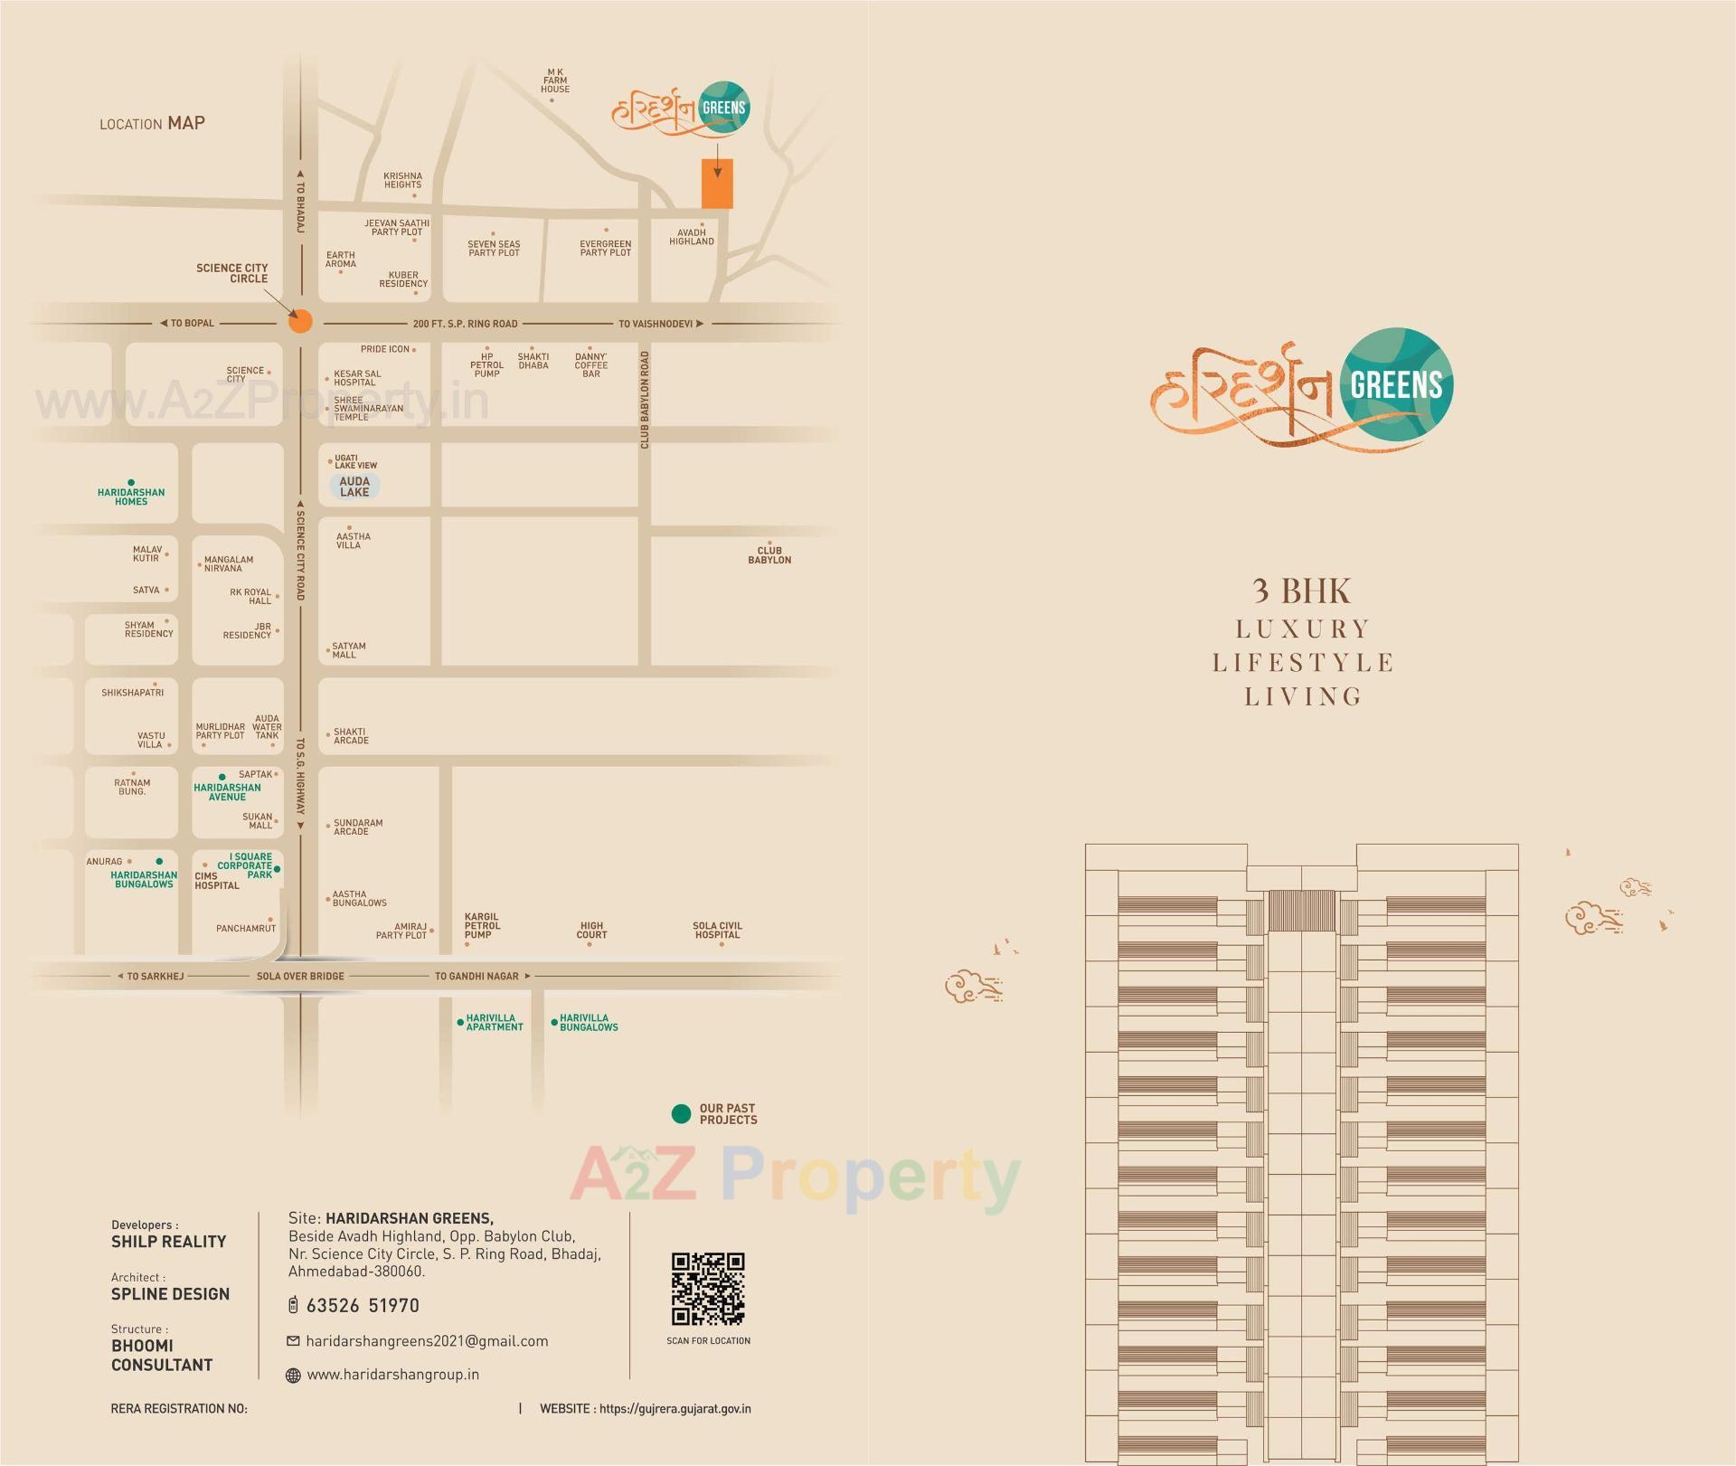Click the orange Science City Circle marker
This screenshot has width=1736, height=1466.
pyautogui.click(x=300, y=321)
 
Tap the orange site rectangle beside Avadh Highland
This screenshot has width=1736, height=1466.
pyautogui.click(x=717, y=184)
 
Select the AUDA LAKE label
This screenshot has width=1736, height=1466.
pyautogui.click(x=354, y=487)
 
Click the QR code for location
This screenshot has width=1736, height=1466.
pyautogui.click(x=708, y=1289)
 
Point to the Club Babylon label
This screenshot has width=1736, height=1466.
pyautogui.click(x=769, y=555)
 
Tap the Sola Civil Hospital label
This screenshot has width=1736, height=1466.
pyautogui.click(x=717, y=930)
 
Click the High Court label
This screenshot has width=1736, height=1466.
pyautogui.click(x=591, y=930)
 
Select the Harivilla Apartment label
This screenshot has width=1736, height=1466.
pyautogui.click(x=494, y=1022)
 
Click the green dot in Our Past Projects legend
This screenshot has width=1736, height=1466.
pyautogui.click(x=682, y=1114)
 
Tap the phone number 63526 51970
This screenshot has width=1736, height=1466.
pyautogui.click(x=363, y=1305)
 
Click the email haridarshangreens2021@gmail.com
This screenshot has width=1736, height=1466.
pyautogui.click(x=427, y=1341)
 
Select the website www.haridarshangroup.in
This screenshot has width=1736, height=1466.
pyautogui.click(x=392, y=1375)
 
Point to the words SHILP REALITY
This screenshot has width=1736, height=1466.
pyautogui.click(x=169, y=1242)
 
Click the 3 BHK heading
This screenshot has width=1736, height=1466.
pyautogui.click(x=1302, y=591)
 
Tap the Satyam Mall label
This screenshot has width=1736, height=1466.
pyautogui.click(x=349, y=650)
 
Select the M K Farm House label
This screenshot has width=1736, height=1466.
pyautogui.click(x=555, y=80)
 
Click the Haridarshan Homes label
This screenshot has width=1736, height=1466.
pyautogui.click(x=131, y=497)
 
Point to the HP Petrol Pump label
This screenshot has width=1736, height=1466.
pyautogui.click(x=486, y=365)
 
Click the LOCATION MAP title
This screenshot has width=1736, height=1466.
pyautogui.click(x=152, y=123)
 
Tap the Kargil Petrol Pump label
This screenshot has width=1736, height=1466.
pyautogui.click(x=482, y=925)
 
